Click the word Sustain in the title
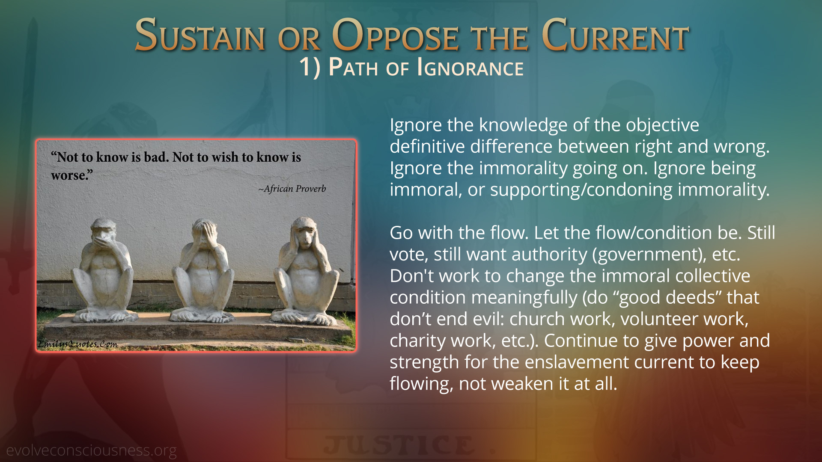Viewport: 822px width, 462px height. [200, 35]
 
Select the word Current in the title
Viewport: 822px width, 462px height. [615, 35]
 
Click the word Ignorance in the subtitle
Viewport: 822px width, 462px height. [470, 68]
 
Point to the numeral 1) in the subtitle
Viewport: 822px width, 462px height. [310, 68]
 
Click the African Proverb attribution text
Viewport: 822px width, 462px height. [292, 189]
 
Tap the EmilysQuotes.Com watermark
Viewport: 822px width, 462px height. [77, 344]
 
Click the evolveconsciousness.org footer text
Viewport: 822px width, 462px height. [91, 450]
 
